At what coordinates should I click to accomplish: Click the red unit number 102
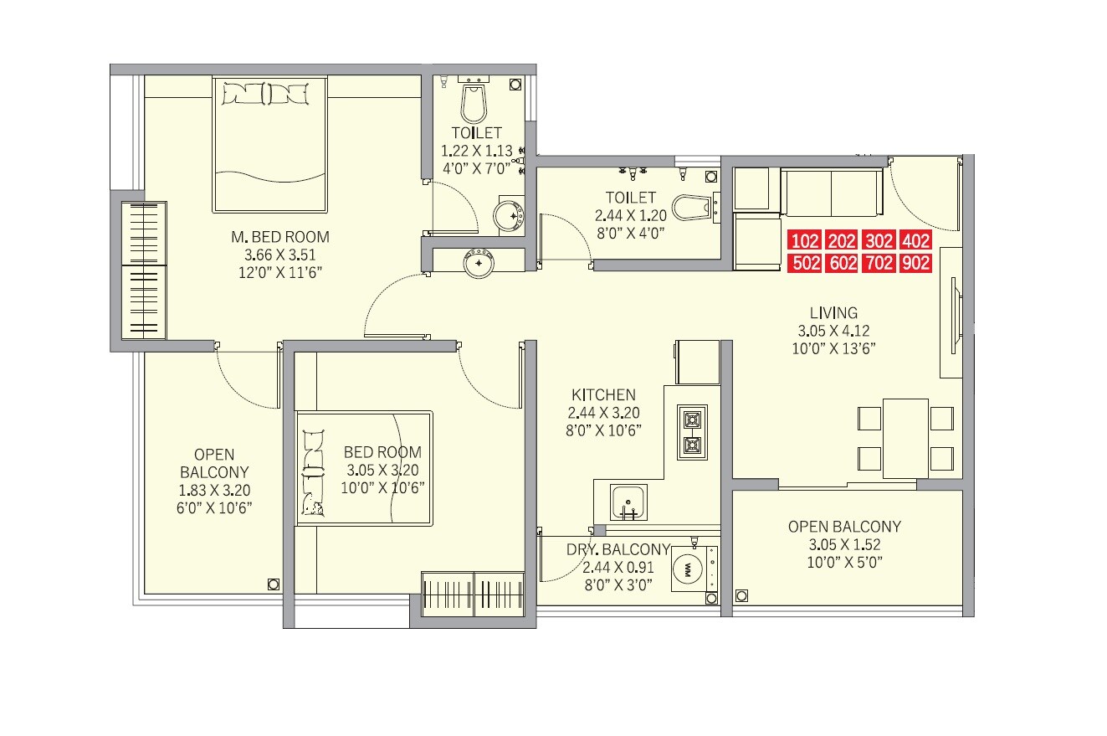point(804,242)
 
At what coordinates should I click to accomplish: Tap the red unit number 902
point(916,264)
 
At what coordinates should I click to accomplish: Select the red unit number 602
point(842,264)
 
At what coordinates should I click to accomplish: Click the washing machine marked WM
point(687,569)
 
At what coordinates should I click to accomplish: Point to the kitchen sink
point(628,502)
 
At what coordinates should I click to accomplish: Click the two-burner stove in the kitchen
point(692,432)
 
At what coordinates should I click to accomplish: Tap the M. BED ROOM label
point(280,237)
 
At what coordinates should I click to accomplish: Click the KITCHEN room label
point(603,394)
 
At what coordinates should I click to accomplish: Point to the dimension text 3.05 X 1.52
point(844,544)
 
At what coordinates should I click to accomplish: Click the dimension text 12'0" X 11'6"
point(280,273)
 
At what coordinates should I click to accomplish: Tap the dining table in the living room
point(905,438)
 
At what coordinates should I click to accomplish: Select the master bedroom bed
point(269,144)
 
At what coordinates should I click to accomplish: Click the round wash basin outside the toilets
point(479,262)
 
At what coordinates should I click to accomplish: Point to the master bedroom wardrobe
point(145,270)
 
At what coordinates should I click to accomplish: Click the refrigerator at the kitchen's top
point(697,362)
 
